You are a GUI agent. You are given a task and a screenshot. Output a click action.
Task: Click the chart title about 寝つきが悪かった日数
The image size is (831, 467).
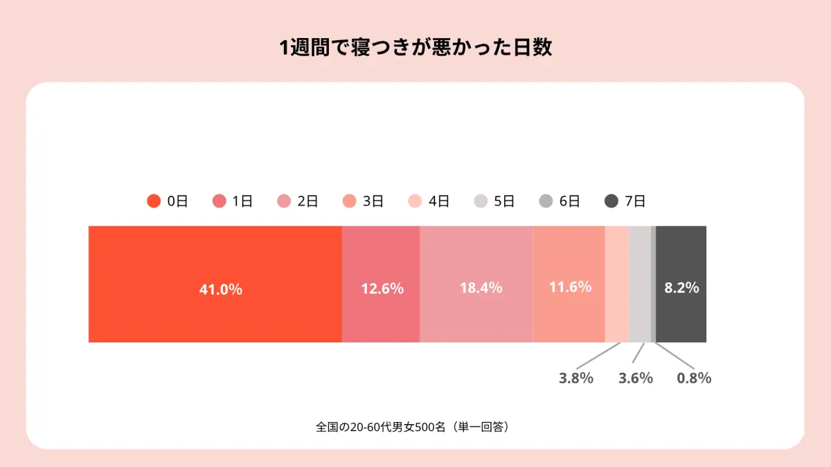click(x=415, y=48)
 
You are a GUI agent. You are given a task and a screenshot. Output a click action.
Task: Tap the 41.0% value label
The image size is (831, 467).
click(x=221, y=289)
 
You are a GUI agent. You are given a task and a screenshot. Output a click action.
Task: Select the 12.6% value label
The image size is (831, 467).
click(x=382, y=289)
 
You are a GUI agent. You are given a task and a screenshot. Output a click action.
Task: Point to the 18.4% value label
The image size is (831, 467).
click(x=481, y=288)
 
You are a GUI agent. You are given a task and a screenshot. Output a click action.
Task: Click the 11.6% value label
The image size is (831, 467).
click(x=570, y=287)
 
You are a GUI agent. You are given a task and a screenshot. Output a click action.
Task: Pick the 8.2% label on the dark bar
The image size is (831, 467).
click(x=681, y=288)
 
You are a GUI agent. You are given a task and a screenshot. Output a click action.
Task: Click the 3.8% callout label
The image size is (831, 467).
click(x=576, y=378)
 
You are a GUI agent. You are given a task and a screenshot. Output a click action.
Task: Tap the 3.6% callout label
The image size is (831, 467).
click(x=636, y=378)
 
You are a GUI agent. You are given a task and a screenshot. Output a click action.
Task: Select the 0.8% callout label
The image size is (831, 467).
click(x=694, y=378)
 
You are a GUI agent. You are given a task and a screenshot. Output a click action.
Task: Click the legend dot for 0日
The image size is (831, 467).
click(x=154, y=201)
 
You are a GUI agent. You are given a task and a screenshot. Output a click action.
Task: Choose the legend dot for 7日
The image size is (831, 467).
click(x=611, y=201)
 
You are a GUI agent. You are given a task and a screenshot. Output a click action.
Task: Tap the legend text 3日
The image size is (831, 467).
click(x=373, y=201)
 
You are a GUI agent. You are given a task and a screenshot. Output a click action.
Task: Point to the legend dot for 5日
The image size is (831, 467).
click(x=481, y=201)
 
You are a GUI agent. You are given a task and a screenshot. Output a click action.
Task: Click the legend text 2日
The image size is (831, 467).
click(x=307, y=201)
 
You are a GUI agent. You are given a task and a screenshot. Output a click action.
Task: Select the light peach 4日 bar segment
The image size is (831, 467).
click(x=617, y=284)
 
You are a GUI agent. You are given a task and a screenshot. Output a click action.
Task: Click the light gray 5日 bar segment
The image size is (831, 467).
click(x=640, y=284)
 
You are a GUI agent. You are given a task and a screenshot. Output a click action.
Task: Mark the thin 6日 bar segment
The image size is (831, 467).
click(x=653, y=284)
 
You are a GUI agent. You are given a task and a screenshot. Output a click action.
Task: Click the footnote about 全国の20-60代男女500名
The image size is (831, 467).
click(x=412, y=427)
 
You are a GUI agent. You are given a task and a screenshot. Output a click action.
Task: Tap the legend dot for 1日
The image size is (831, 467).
click(x=220, y=201)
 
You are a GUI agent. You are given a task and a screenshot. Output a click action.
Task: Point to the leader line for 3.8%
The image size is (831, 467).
click(x=598, y=356)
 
